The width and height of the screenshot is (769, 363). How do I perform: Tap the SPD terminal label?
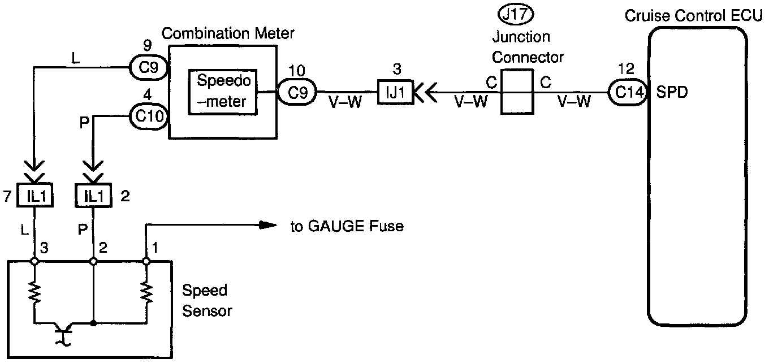point(672,92)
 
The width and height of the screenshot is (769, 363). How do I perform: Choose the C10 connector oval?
point(149,116)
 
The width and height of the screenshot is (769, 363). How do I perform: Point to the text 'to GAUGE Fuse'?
point(347,227)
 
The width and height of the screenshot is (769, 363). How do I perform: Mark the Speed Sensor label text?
point(206,300)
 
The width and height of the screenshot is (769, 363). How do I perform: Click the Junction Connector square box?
point(517,92)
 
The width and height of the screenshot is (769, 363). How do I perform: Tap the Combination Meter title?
point(228,33)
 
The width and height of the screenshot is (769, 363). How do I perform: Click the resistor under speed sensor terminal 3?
point(35,292)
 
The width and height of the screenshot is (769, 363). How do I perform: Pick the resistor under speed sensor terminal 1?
point(146,292)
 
